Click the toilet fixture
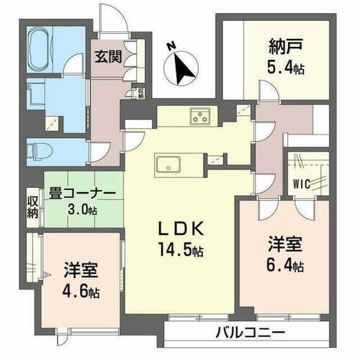tap(39, 150)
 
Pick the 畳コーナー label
tap(81, 192)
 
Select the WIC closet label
tap(302, 184)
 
